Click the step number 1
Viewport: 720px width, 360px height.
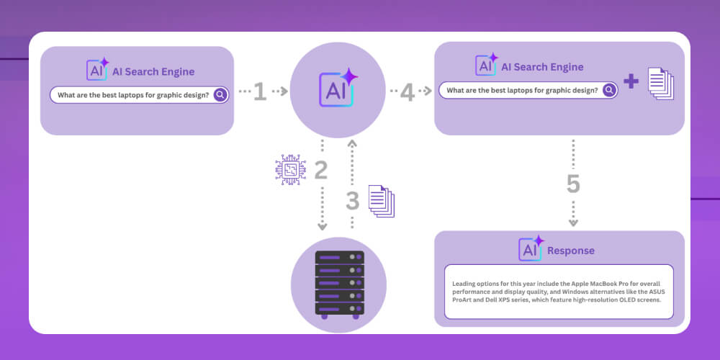point(260,91)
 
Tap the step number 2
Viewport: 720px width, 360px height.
point(321,170)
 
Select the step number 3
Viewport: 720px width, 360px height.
point(353,201)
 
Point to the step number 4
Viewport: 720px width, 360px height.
point(408,91)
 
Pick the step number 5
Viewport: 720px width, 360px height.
point(573,184)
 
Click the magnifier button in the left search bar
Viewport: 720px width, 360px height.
point(220,95)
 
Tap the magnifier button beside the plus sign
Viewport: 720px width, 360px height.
point(609,91)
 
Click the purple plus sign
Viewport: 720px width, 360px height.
point(631,81)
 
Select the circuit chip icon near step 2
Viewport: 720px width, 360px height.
point(291,170)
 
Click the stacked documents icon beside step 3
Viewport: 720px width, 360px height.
point(382,201)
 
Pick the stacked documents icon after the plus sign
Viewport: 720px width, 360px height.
point(661,83)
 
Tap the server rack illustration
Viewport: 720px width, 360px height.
point(339,284)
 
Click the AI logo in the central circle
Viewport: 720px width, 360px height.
point(338,88)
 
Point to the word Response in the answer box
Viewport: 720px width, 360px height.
point(571,251)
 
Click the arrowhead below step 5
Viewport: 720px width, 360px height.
point(573,223)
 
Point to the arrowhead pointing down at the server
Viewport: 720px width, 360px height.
point(323,227)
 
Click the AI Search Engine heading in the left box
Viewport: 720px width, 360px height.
point(153,72)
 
